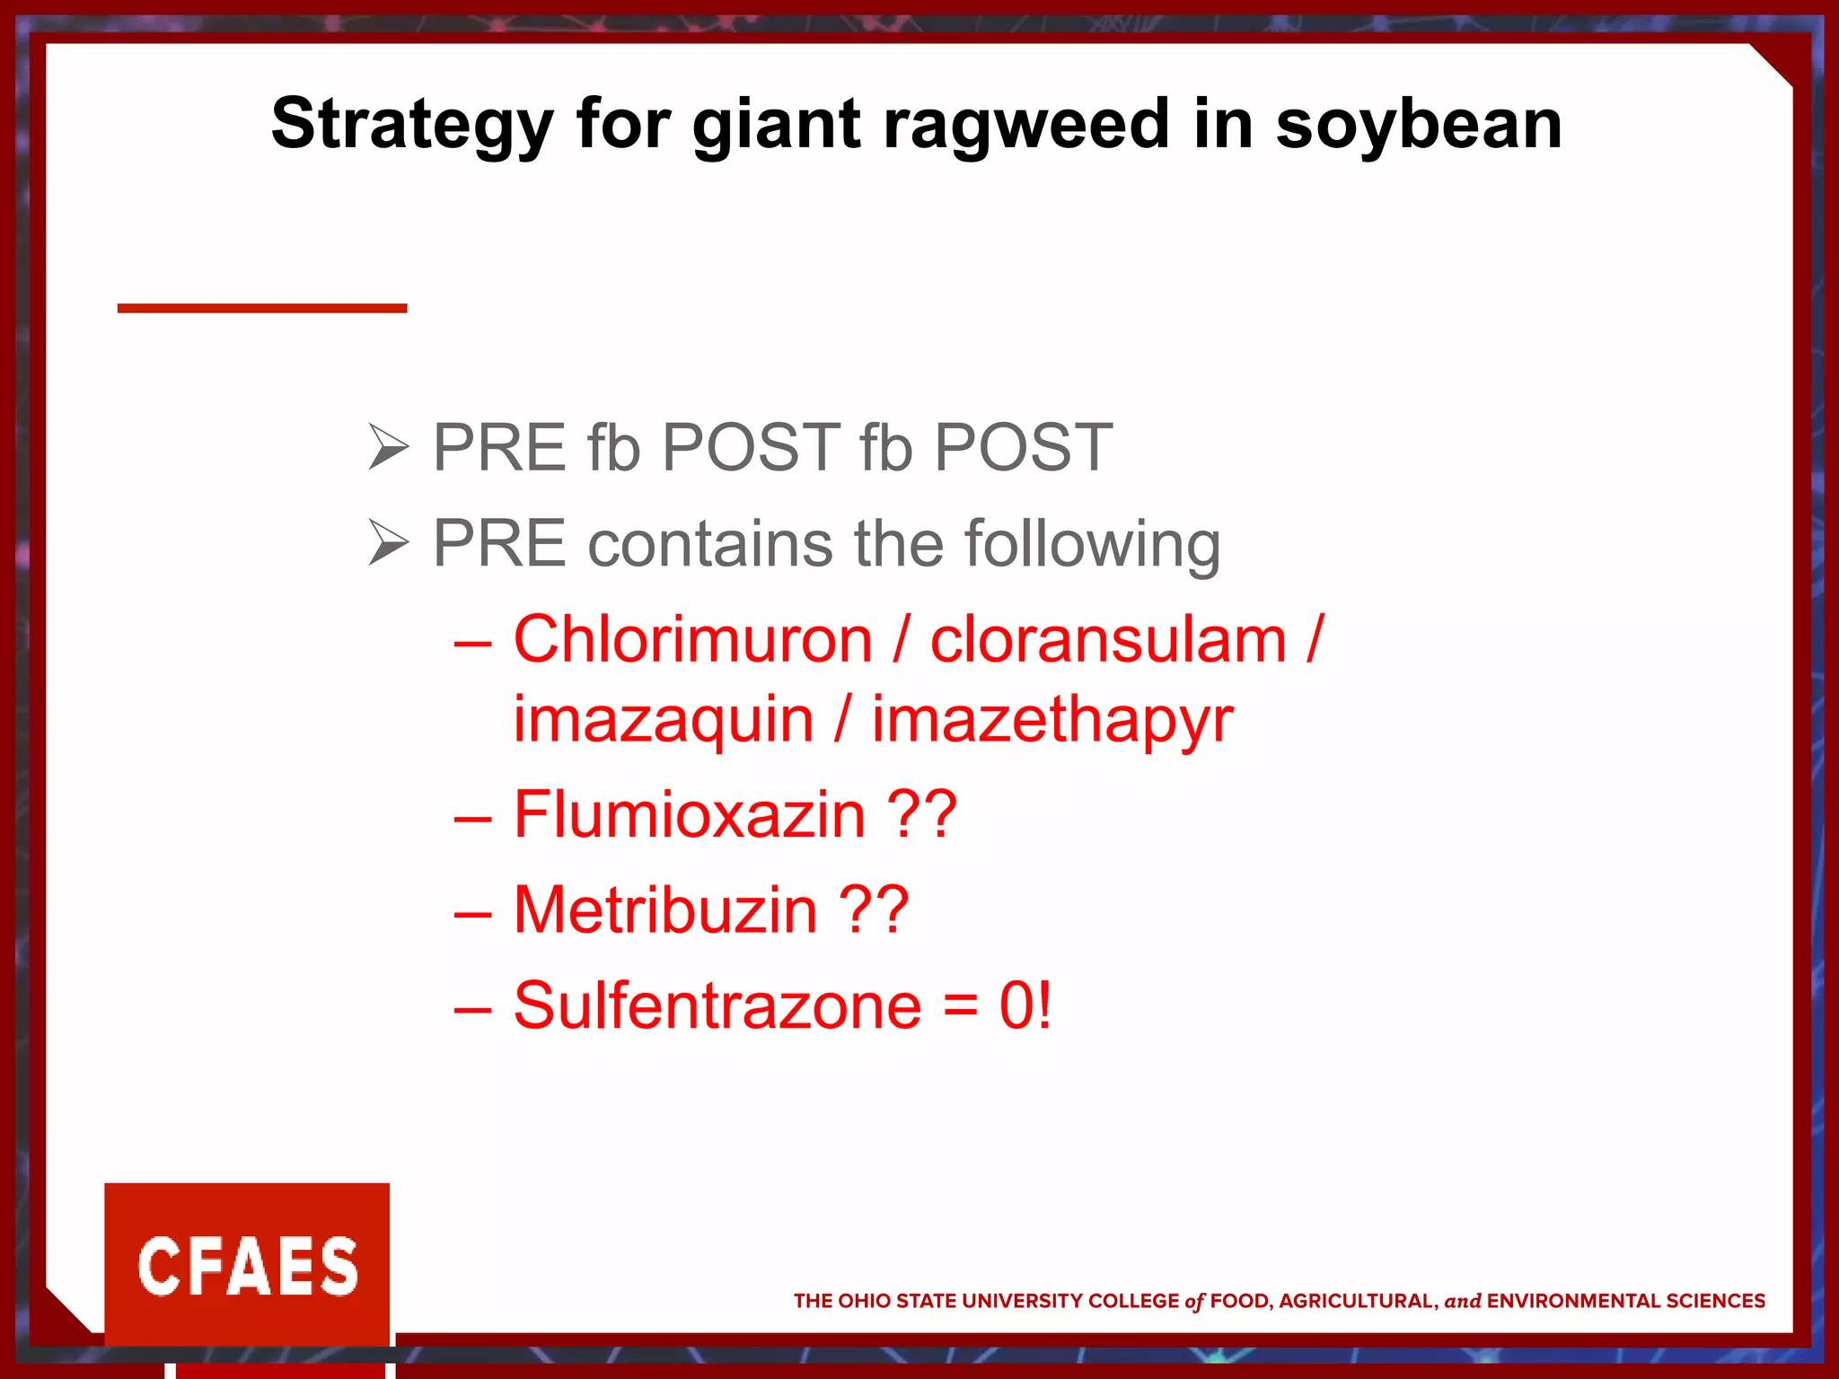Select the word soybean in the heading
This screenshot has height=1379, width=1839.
click(x=1419, y=125)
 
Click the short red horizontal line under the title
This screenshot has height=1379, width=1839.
click(x=262, y=308)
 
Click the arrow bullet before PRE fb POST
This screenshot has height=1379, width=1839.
click(x=388, y=447)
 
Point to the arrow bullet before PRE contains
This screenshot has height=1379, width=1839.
click(x=388, y=543)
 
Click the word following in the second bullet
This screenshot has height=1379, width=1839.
click(x=1092, y=545)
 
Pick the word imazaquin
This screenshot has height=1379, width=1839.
click(x=664, y=719)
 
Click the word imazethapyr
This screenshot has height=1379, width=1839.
click(x=1052, y=721)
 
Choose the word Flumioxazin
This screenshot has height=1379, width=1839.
click(x=689, y=814)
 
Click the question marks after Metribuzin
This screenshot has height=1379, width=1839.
click(x=874, y=909)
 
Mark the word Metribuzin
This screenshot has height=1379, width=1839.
click(x=665, y=909)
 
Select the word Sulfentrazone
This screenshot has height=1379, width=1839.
click(x=717, y=1006)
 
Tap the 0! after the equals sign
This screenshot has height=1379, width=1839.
click(x=1025, y=1006)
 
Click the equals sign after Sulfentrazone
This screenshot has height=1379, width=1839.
click(x=960, y=1007)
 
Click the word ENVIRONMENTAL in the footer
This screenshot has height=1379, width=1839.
click(x=1573, y=1301)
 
